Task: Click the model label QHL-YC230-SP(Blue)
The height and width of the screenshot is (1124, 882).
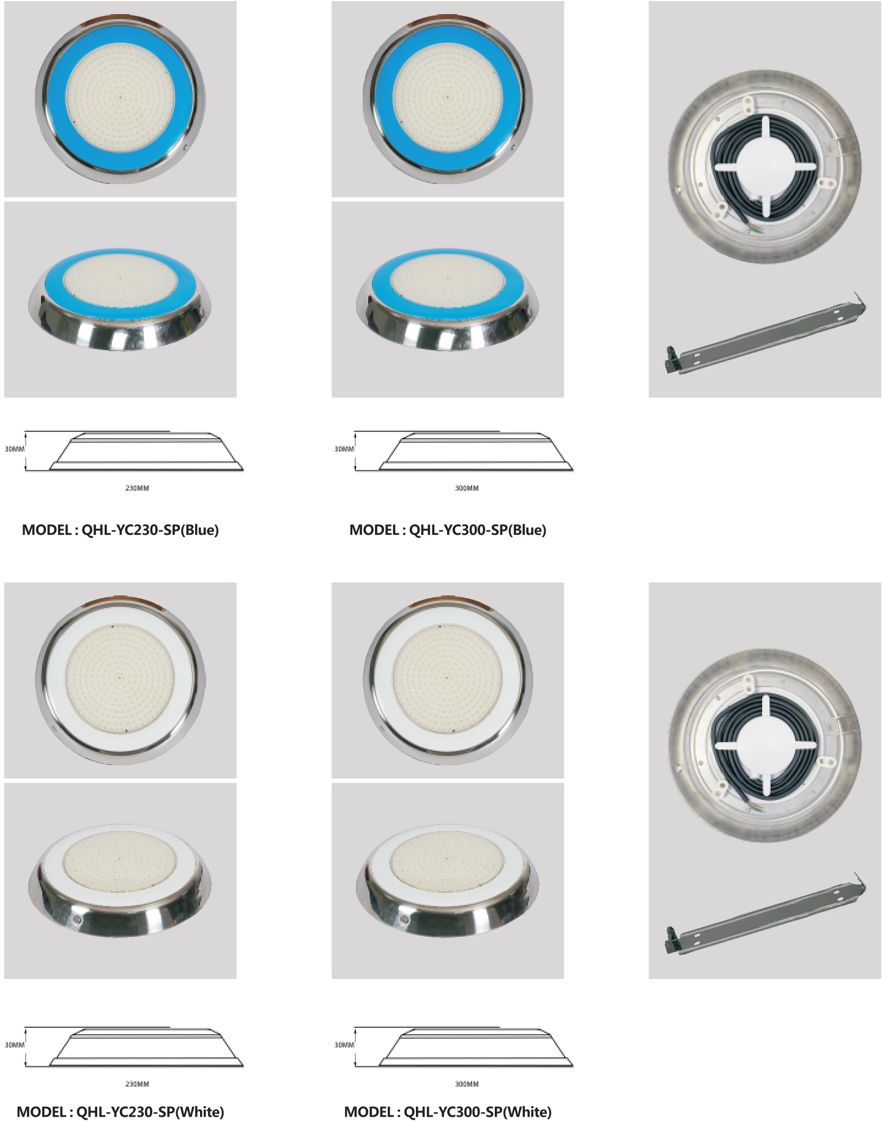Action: (150, 530)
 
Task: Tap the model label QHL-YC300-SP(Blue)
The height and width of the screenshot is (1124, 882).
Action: (477, 530)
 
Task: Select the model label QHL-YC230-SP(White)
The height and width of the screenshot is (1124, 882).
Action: (150, 1112)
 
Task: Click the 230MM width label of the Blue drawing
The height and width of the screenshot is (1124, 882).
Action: (137, 488)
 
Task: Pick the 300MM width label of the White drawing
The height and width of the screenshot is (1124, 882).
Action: (467, 1084)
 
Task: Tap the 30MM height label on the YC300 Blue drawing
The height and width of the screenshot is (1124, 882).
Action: (344, 449)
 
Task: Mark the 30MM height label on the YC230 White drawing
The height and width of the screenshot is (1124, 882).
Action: (15, 1044)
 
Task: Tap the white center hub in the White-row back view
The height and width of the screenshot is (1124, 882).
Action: (765, 746)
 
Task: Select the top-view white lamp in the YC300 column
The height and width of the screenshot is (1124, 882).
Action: (448, 679)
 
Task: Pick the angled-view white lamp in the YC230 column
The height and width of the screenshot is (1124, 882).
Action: (120, 879)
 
